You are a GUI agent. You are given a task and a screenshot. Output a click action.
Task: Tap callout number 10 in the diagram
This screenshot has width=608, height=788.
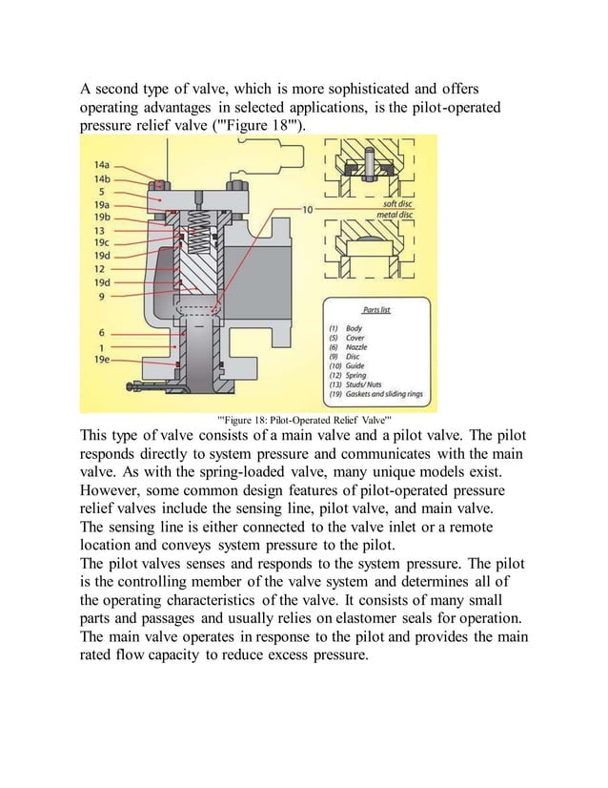coord(308,208)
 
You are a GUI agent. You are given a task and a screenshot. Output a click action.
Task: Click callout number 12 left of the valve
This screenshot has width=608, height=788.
coord(99,269)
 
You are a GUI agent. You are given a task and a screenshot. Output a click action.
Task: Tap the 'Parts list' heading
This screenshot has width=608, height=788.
coord(378,310)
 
